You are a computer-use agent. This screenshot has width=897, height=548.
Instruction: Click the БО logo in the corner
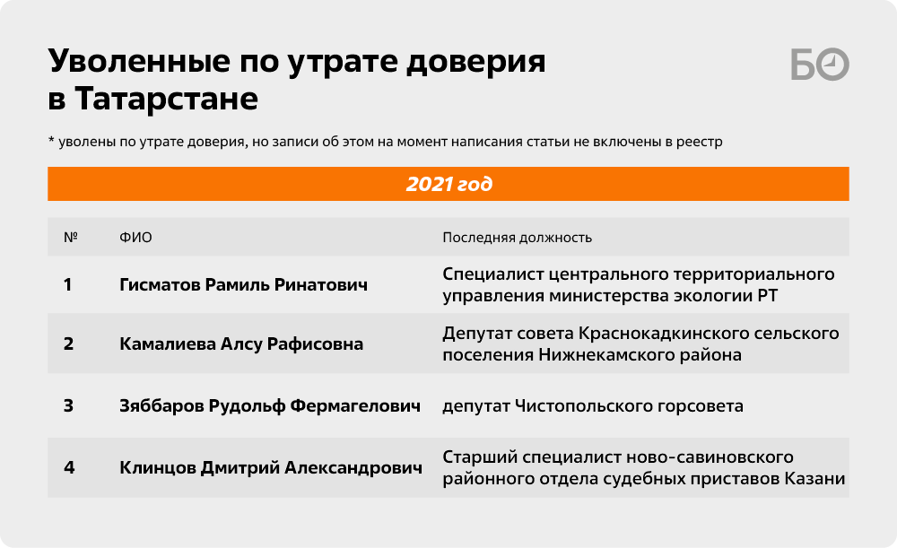[820, 64]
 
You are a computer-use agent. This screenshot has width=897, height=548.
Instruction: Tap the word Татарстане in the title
[167, 99]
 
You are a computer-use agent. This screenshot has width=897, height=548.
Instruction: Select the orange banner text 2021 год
[449, 184]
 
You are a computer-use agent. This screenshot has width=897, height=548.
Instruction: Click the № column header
[70, 238]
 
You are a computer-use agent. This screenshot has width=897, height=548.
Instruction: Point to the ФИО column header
[135, 238]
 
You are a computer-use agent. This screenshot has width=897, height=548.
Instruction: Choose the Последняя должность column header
[518, 238]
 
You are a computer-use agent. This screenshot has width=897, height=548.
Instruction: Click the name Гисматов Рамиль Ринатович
[244, 285]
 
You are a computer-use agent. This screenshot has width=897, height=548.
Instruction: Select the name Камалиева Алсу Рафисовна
[241, 344]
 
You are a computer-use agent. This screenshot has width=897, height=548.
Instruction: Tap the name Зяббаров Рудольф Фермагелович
[270, 405]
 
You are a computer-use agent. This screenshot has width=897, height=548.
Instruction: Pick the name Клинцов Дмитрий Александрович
[271, 468]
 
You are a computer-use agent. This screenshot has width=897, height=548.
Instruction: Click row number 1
[67, 285]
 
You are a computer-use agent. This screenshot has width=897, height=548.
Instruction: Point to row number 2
[69, 344]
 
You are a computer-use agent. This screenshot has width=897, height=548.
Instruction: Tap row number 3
[69, 405]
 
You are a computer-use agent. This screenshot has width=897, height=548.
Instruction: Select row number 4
[69, 468]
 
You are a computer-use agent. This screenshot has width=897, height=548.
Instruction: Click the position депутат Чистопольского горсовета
[593, 406]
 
